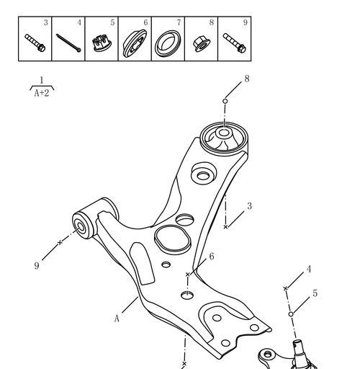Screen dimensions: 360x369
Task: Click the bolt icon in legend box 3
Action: tap(35, 43)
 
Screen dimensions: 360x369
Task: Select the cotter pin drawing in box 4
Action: tap(68, 43)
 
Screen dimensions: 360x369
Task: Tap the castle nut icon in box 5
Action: tap(102, 43)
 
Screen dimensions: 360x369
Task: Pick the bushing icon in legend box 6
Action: tap(135, 43)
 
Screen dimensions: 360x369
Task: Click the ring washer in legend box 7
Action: tap(168, 43)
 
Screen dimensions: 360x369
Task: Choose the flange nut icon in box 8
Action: tap(202, 44)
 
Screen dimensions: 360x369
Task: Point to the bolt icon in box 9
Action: tap(234, 43)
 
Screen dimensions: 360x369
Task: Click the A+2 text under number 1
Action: tap(42, 93)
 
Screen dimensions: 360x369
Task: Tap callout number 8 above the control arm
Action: tap(247, 79)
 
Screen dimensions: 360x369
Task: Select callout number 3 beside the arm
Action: tap(250, 206)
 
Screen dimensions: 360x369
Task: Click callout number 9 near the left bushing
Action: tap(37, 266)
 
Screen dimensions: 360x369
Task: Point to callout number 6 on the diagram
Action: tap(212, 257)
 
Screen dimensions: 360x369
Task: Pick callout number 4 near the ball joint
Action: tap(309, 269)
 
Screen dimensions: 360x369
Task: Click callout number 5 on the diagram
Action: tap(315, 293)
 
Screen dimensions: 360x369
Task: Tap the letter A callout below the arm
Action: tap(117, 319)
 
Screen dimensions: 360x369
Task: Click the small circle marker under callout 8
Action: tap(225, 101)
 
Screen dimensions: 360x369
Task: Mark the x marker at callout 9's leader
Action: tap(60, 243)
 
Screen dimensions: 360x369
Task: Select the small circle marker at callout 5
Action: tap(291, 314)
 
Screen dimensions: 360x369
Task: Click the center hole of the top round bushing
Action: tap(224, 133)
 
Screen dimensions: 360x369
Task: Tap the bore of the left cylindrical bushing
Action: tap(80, 227)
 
